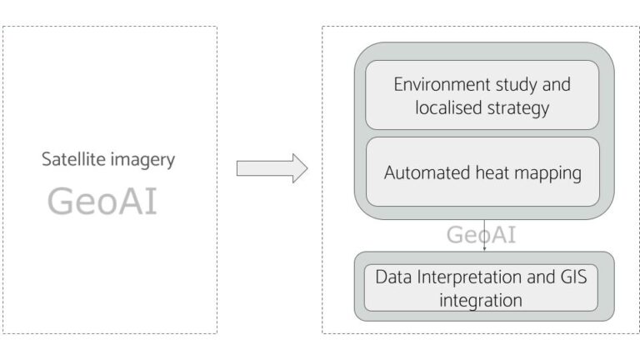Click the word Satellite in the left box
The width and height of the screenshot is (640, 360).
(x=70, y=160)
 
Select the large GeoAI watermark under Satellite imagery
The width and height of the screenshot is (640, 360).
(x=102, y=202)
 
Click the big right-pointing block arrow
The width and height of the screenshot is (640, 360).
(x=272, y=168)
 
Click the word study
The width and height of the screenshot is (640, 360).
(x=521, y=85)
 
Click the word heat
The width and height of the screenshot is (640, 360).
(x=494, y=173)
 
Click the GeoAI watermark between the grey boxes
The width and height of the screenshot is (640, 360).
(x=481, y=235)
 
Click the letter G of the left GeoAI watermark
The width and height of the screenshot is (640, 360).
(x=61, y=202)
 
